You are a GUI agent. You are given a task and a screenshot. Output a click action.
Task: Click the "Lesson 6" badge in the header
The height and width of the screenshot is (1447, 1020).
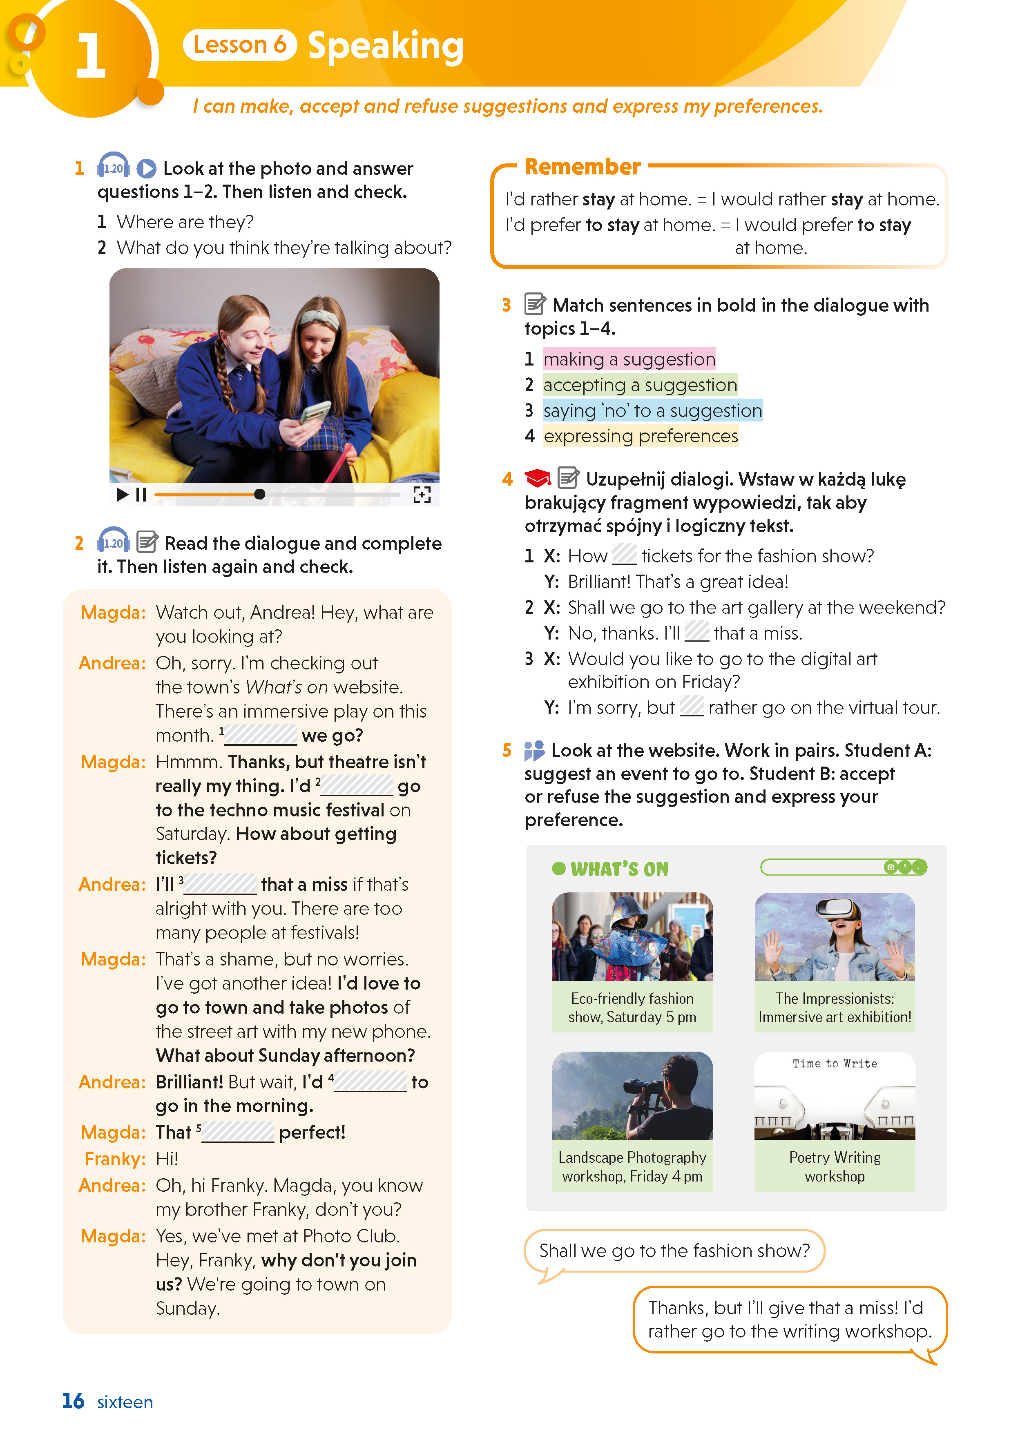[x=239, y=45]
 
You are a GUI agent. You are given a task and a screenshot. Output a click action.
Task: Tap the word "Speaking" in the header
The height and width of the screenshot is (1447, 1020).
[x=386, y=46]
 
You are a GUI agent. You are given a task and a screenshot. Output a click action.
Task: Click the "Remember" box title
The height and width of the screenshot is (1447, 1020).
[x=583, y=167]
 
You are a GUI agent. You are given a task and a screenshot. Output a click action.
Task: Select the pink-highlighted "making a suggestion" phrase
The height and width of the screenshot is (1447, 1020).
[x=629, y=359]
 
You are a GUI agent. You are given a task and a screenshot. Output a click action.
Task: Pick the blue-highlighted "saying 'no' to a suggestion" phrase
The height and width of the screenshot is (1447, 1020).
[x=652, y=411]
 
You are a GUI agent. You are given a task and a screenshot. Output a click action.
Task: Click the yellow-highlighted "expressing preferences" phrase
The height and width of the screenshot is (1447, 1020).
[x=641, y=436]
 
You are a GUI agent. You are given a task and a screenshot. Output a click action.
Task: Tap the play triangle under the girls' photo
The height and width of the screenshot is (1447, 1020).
[x=122, y=495]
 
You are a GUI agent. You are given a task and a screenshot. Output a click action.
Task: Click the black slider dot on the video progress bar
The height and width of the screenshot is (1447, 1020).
[x=259, y=495]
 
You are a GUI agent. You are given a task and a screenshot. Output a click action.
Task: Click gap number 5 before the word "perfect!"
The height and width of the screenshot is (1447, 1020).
[x=238, y=1133]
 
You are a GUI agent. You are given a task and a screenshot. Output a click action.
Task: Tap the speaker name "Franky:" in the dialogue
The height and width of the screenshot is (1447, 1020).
[x=115, y=1159]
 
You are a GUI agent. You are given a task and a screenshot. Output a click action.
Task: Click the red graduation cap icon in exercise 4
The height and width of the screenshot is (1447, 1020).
[x=537, y=479]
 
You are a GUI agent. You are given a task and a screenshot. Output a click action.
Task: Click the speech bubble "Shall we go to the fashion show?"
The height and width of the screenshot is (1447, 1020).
[x=674, y=1251]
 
